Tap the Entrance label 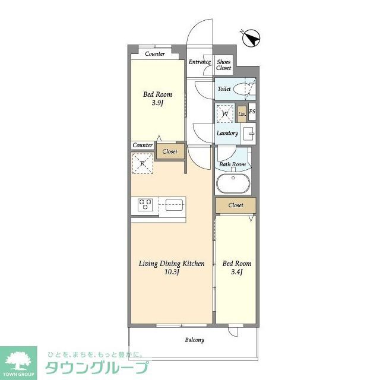(199, 62)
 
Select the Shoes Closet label (223, 65)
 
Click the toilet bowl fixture (243, 90)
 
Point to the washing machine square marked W (226, 113)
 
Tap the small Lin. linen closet (242, 113)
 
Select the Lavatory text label (227, 133)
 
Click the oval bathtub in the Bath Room (235, 183)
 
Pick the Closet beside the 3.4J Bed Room (236, 205)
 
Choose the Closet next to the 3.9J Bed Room (170, 151)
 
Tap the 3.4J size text (236, 272)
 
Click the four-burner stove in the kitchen (145, 205)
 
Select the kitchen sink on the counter (173, 205)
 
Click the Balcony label (194, 340)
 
